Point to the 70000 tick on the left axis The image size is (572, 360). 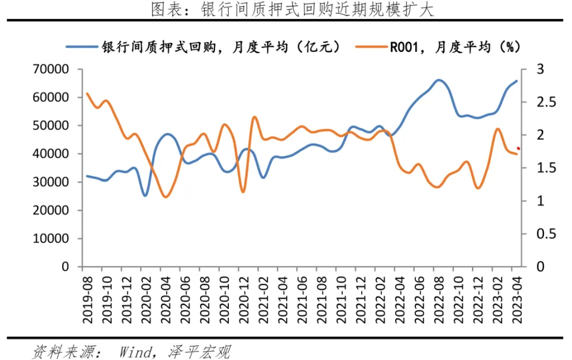coord(52,69)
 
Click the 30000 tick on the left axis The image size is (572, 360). coord(52,182)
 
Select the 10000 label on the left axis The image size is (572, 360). coord(52,239)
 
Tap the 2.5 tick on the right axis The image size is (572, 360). coord(543,103)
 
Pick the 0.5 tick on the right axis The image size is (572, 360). coord(543,234)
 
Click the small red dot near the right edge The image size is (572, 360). coord(518,148)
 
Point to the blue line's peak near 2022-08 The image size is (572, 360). coord(439,80)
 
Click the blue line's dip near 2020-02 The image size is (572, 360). coord(145,195)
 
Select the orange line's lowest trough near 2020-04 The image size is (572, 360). coord(165,197)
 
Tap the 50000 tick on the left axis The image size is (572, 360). coord(52,126)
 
